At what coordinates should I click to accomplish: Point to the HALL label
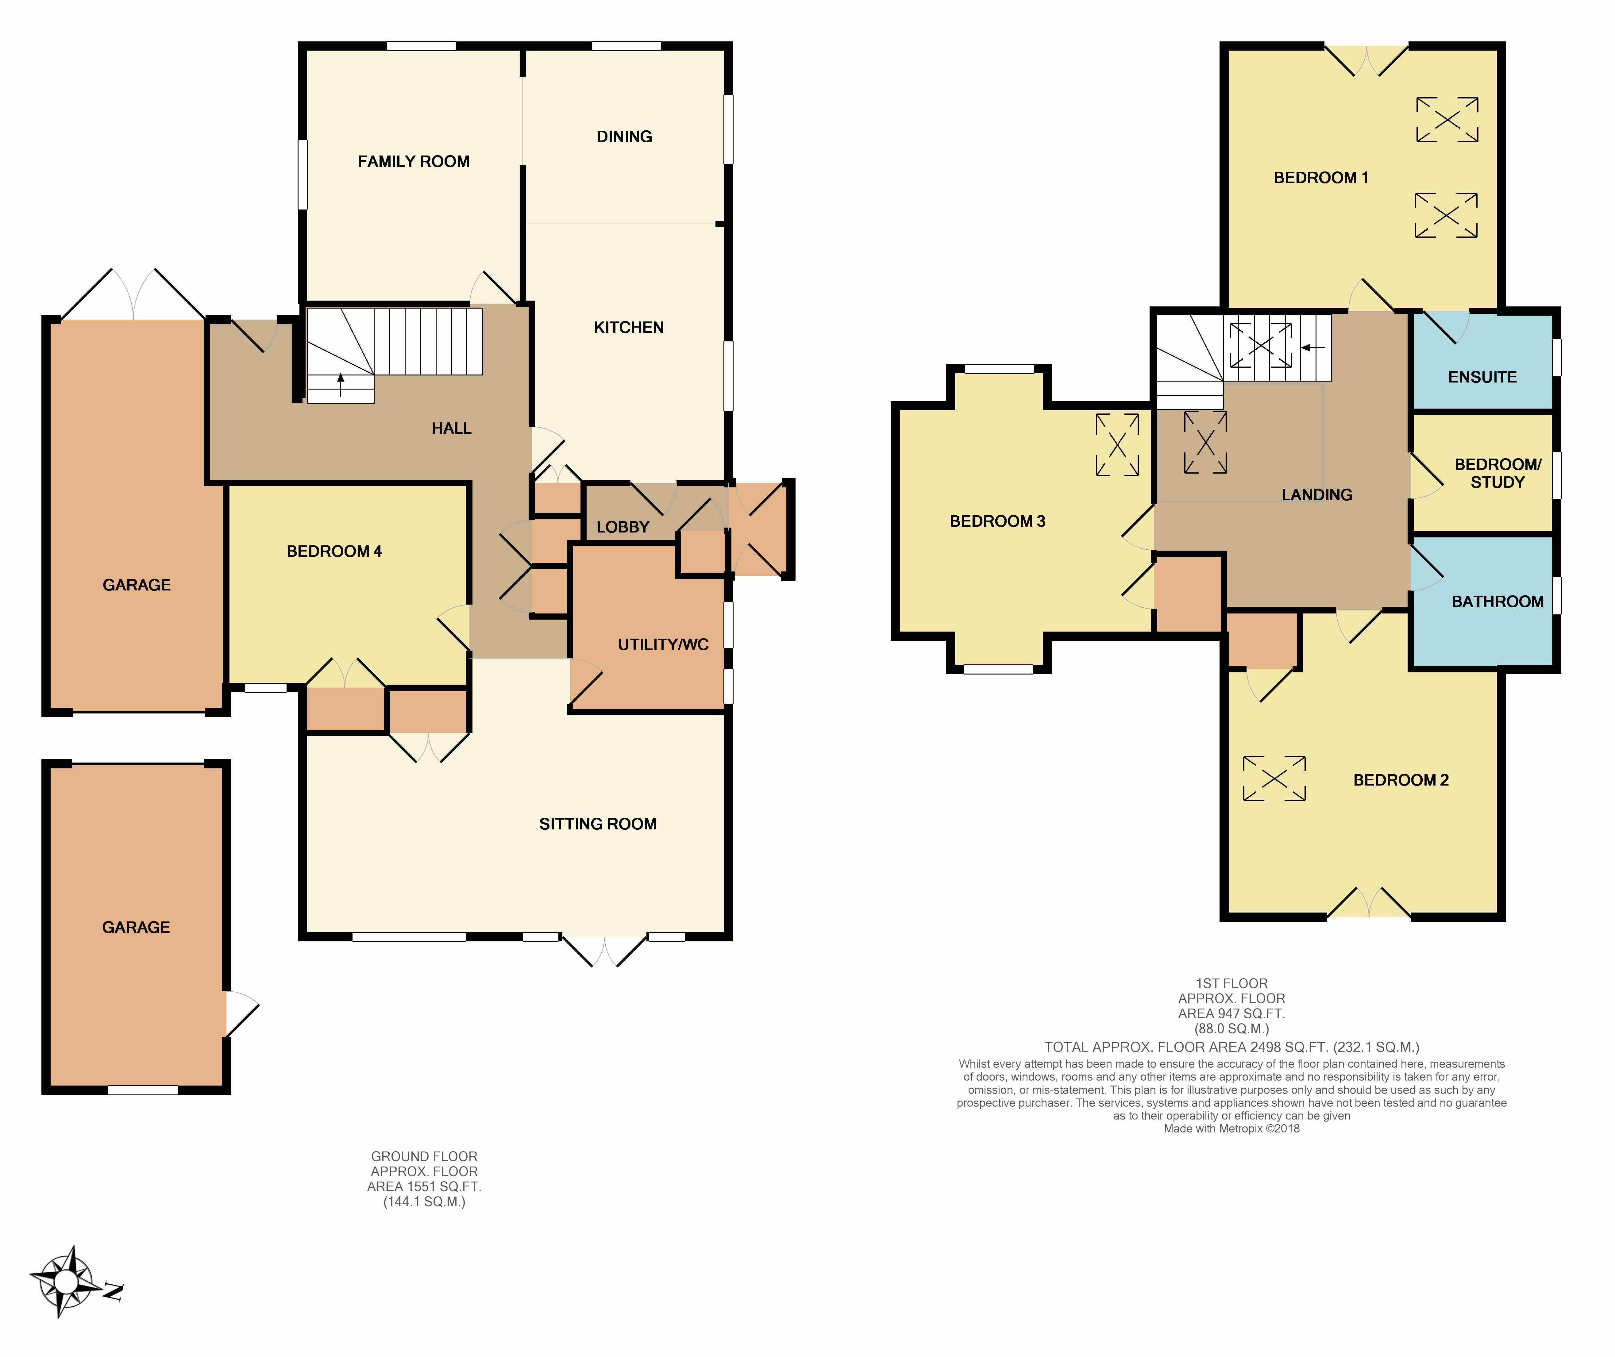452,429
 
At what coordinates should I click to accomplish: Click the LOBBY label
623,527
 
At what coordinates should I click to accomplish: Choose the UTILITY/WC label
663,645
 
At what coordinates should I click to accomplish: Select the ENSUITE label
1483,377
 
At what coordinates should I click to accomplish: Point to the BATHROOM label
1497,602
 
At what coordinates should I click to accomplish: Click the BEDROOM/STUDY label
1497,473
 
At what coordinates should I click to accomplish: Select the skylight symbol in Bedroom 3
1117,445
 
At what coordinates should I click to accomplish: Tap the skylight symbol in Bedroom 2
1274,778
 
